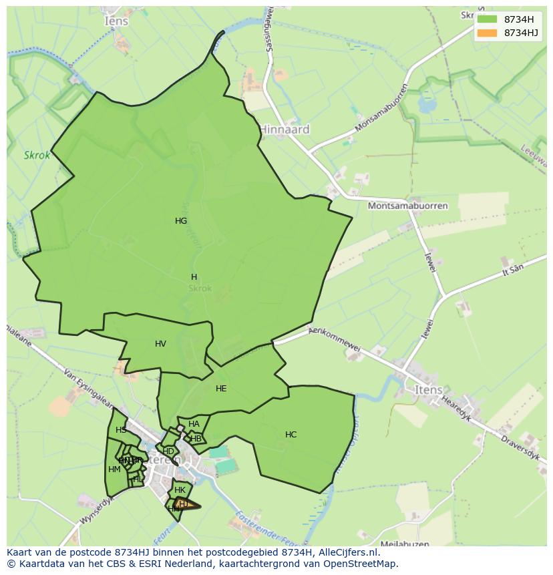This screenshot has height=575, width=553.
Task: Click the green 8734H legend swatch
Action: click(x=488, y=19)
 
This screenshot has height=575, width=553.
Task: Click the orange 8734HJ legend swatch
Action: click(x=488, y=33)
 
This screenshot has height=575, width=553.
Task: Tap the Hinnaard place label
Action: click(x=284, y=130)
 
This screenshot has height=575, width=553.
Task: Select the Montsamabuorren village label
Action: click(x=407, y=206)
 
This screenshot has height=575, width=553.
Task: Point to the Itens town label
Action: click(x=428, y=390)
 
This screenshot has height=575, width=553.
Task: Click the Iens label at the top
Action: click(x=116, y=21)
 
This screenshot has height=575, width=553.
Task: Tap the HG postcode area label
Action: click(x=181, y=221)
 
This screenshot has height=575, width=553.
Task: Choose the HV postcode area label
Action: click(x=160, y=344)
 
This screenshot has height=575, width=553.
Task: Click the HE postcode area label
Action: click(x=221, y=389)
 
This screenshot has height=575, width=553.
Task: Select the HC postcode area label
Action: click(x=291, y=435)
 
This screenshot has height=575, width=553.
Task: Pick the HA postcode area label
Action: click(x=194, y=424)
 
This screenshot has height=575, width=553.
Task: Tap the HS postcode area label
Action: click(x=121, y=430)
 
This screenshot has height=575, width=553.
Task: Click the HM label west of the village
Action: click(x=114, y=469)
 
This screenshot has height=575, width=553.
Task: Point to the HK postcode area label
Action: click(x=180, y=490)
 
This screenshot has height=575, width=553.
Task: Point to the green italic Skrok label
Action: click(x=37, y=156)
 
